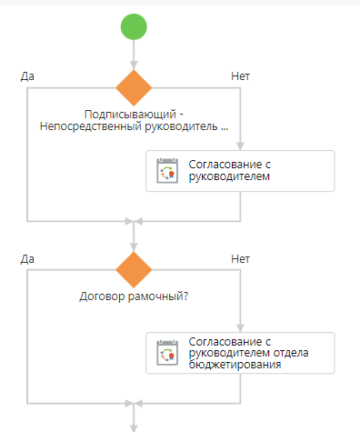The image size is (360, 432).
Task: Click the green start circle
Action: (x=134, y=26)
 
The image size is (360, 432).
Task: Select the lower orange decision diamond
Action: (x=134, y=270)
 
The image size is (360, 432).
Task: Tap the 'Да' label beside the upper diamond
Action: (x=28, y=75)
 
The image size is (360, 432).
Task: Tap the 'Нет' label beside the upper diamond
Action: (x=241, y=75)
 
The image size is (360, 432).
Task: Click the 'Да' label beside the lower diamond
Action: (x=28, y=259)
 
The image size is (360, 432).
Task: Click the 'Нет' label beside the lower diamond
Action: (x=241, y=259)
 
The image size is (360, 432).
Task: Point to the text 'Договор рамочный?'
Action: (x=134, y=296)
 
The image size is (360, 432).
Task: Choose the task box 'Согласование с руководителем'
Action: (x=240, y=170)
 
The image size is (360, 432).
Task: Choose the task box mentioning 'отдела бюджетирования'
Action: (x=240, y=354)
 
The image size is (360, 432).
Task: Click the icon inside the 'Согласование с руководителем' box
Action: (x=166, y=171)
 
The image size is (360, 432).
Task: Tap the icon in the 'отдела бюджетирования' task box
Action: (x=166, y=354)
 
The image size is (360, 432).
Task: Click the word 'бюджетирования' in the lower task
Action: (x=235, y=365)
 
